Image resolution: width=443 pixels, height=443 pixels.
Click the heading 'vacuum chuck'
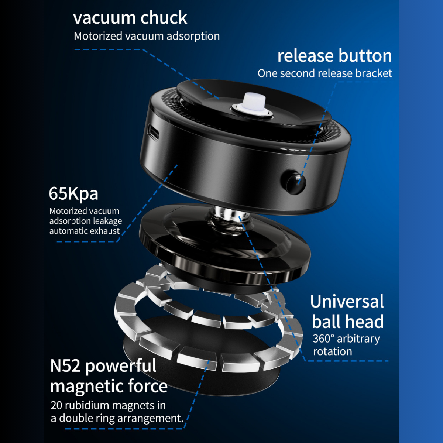pos(130,18)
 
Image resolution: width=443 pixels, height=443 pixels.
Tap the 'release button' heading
pos(335,56)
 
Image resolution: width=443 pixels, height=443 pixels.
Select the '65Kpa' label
pos(73,193)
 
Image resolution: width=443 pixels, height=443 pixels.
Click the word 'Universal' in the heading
pos(347,301)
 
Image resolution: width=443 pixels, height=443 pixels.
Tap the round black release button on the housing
pos(293,182)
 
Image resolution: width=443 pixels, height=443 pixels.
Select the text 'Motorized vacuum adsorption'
pos(147,36)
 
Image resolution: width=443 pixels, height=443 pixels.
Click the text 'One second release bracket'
pos(324,73)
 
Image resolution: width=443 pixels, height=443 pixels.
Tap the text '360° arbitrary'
pos(346,339)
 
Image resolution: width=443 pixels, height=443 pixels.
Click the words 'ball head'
pos(348,322)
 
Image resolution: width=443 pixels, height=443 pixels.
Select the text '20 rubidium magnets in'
pos(108,405)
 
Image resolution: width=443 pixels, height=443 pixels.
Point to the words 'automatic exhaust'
pos(85,231)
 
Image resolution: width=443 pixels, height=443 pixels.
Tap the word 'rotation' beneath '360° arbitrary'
pos(332,352)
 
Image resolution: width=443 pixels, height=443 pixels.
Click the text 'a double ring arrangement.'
pos(117,418)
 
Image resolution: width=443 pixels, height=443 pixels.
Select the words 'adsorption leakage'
pos(86,221)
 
